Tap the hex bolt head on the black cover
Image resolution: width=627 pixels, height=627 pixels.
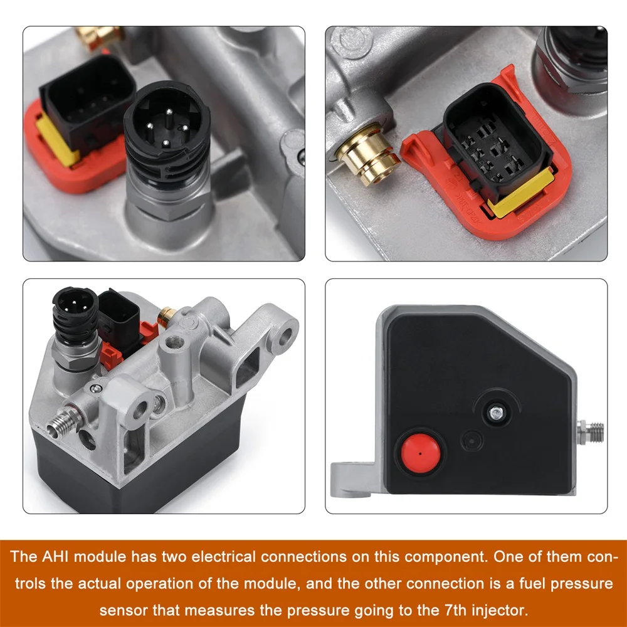[x=496, y=413]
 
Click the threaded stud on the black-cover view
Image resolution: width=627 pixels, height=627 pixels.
[x=591, y=432]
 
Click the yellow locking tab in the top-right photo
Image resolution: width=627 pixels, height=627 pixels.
[x=521, y=192]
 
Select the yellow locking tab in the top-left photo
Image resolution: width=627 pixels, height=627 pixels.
[x=57, y=139]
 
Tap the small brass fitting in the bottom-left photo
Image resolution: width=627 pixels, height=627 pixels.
[x=167, y=316]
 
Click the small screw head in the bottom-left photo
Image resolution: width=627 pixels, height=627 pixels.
[x=95, y=388]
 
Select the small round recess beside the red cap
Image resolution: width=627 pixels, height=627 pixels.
[x=472, y=441]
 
